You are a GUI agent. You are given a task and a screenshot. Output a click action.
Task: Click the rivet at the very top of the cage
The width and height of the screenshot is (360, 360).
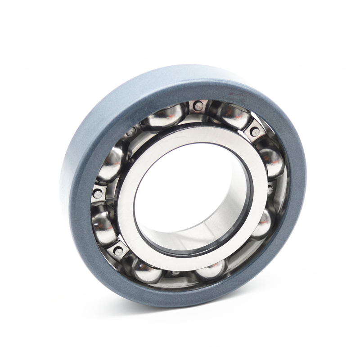(198, 106)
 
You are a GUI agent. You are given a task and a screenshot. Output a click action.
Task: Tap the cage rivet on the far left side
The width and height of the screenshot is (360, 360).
(98, 194)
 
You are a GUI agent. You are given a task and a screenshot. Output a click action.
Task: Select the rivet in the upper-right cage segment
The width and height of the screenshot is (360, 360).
(255, 132)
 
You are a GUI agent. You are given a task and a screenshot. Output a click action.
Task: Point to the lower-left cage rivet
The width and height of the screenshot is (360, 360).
(119, 251)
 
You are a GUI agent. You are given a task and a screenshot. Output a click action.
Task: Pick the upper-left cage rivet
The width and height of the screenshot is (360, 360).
(131, 132)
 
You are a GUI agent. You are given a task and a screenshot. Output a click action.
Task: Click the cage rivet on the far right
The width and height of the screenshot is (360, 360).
(270, 189)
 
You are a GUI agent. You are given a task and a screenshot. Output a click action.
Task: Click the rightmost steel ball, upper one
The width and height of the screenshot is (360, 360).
(271, 160)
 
